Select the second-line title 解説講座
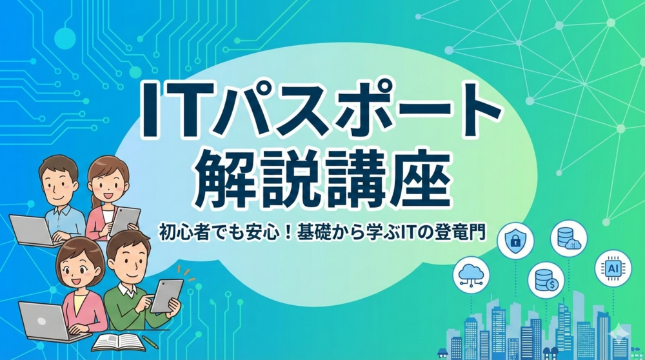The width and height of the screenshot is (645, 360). [x=322, y=175]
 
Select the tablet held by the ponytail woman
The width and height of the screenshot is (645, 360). [x=124, y=220]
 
